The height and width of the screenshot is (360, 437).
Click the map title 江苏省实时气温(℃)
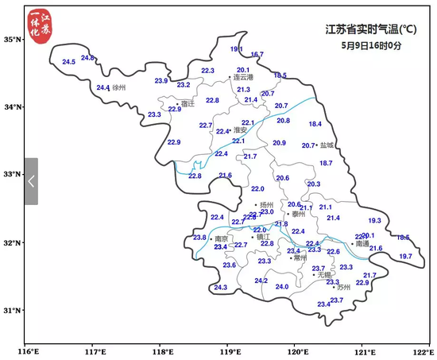[371, 30]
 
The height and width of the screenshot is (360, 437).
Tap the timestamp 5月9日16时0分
[370, 45]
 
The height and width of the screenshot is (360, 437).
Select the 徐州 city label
[120, 87]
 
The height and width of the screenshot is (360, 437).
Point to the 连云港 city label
[242, 78]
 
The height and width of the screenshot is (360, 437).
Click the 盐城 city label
[327, 145]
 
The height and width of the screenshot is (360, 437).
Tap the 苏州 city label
[342, 287]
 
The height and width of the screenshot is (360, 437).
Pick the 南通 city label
[362, 244]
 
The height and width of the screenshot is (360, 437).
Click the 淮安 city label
[240, 130]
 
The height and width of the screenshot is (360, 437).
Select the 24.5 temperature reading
[68, 62]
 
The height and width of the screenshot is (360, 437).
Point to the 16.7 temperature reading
[257, 55]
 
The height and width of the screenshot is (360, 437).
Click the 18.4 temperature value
[315, 124]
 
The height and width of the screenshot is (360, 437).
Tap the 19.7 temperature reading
[405, 256]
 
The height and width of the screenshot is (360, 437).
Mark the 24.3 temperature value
[220, 288]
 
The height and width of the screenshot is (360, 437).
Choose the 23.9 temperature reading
[161, 81]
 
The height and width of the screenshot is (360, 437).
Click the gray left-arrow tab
[31, 181]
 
